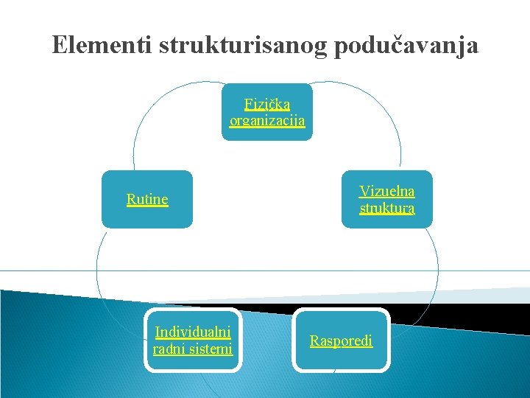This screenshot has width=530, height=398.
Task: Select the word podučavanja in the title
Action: click(x=406, y=46)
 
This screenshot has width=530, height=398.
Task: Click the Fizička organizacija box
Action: click(x=267, y=112)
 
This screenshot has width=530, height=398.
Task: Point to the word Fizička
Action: click(x=267, y=105)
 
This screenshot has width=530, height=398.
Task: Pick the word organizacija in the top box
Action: click(x=267, y=121)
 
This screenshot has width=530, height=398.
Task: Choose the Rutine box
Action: click(x=147, y=200)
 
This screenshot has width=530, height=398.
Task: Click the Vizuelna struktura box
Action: click(x=387, y=200)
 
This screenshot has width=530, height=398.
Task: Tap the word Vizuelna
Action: click(x=387, y=192)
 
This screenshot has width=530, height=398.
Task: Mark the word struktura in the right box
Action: click(x=387, y=209)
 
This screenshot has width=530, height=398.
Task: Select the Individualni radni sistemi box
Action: click(x=193, y=341)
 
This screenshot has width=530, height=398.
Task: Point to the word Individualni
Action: click(x=193, y=332)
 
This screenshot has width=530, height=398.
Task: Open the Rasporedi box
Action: click(x=341, y=341)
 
